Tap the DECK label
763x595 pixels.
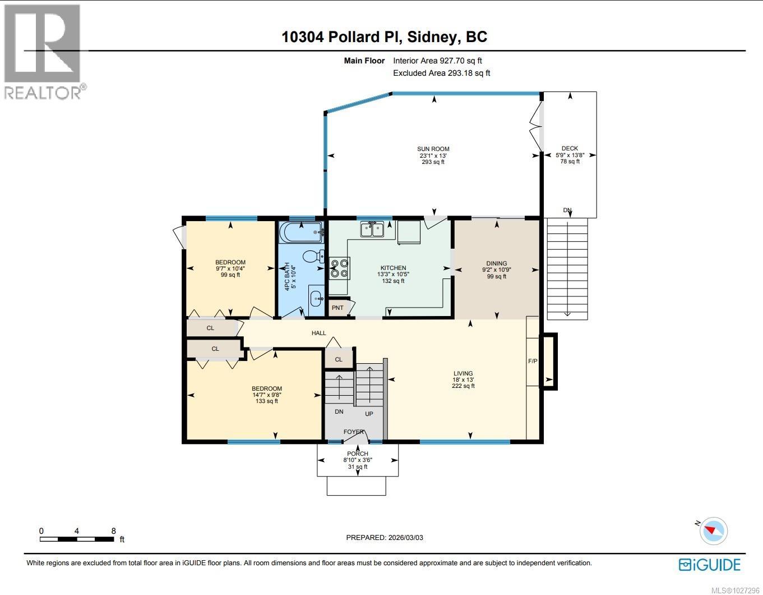pyautogui.click(x=570, y=149)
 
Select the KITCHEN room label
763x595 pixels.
pyautogui.click(x=393, y=268)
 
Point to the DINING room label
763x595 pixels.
pyautogui.click(x=497, y=263)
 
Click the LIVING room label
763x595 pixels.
pyautogui.click(x=463, y=373)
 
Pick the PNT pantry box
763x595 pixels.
pyautogui.click(x=337, y=308)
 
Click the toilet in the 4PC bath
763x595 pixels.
pyautogui.click(x=313, y=257)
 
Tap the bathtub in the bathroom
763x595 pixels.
pyautogui.click(x=302, y=231)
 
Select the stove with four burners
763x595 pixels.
pyautogui.click(x=339, y=268)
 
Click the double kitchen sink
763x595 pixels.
pyautogui.click(x=372, y=229)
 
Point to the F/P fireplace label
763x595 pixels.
pyautogui.click(x=533, y=361)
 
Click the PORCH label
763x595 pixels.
pyautogui.click(x=358, y=454)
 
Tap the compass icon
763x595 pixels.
pyautogui.click(x=714, y=530)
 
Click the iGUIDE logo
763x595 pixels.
pyautogui.click(x=710, y=564)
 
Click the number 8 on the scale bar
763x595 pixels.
pyautogui.click(x=114, y=530)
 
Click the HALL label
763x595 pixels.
pyautogui.click(x=319, y=333)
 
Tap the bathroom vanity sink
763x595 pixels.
pyautogui.click(x=316, y=297)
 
